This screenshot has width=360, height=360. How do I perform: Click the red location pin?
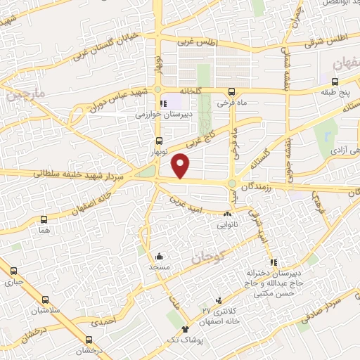(181, 165)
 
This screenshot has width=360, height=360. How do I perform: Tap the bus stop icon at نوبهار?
(160, 141)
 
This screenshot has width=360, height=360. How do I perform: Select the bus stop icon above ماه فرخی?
(231, 91)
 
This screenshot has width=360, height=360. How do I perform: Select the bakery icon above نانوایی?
(227, 213)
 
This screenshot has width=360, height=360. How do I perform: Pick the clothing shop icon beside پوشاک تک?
(185, 330)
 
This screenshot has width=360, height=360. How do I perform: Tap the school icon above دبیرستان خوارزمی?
(163, 104)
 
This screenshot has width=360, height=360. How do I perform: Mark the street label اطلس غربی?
(198, 44)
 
